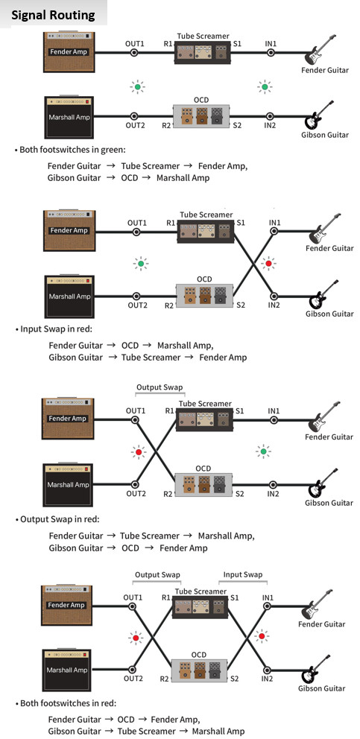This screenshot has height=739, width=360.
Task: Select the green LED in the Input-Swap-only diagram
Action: (x=139, y=263)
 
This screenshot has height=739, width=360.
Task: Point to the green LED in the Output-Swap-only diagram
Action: (x=263, y=452)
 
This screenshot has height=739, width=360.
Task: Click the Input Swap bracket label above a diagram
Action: (x=242, y=574)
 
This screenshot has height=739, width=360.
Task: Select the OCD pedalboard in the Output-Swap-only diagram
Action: (x=204, y=486)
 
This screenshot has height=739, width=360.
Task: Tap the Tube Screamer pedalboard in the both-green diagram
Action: (x=203, y=52)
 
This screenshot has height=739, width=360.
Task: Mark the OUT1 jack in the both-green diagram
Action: (x=134, y=52)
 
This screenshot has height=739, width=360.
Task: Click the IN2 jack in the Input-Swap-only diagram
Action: (x=274, y=294)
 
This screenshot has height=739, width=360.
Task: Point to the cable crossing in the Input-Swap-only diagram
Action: (x=254, y=263)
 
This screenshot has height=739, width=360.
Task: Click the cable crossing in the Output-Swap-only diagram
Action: (x=155, y=452)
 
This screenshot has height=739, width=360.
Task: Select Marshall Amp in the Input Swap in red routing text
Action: (x=184, y=345)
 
